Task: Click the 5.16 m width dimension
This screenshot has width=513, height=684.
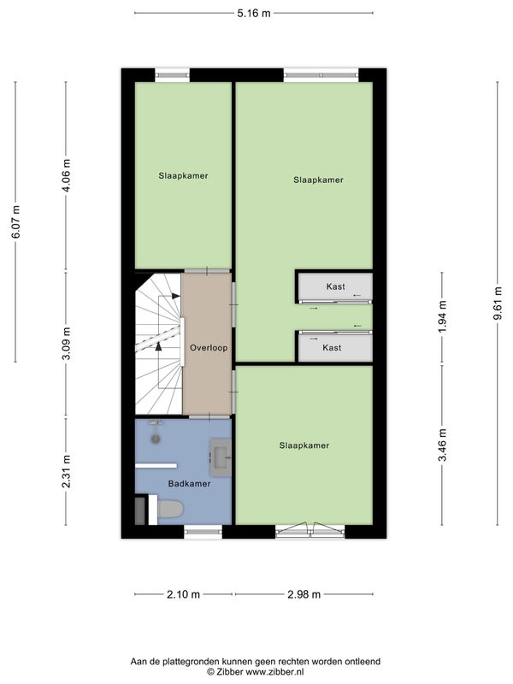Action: pyautogui.click(x=254, y=14)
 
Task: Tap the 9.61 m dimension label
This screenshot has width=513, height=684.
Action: pyautogui.click(x=498, y=304)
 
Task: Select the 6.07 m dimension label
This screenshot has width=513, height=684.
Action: pyautogui.click(x=15, y=222)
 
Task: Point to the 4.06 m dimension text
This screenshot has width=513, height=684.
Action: pyautogui.click(x=67, y=176)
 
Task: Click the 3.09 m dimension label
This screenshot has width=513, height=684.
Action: pyautogui.click(x=67, y=344)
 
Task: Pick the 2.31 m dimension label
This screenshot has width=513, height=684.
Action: pyautogui.click(x=67, y=472)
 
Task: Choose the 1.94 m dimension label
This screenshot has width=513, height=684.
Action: pyautogui.click(x=442, y=316)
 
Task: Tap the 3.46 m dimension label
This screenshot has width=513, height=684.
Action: pyautogui.click(x=442, y=445)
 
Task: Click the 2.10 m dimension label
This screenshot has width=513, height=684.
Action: pyautogui.click(x=183, y=594)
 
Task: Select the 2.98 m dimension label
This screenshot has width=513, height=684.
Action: pyautogui.click(x=304, y=594)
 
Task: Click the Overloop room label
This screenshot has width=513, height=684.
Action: pyautogui.click(x=209, y=348)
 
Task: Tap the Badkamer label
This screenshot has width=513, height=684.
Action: pyautogui.click(x=189, y=484)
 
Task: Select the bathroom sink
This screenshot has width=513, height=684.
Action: pyautogui.click(x=221, y=457)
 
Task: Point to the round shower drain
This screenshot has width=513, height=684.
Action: pyautogui.click(x=156, y=439)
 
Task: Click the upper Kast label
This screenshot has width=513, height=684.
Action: pyautogui.click(x=335, y=286)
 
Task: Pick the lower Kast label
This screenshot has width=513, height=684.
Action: pyautogui.click(x=332, y=348)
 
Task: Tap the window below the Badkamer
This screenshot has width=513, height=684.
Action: pyautogui.click(x=203, y=531)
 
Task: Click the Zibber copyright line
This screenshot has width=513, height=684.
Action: pyautogui.click(x=255, y=672)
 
